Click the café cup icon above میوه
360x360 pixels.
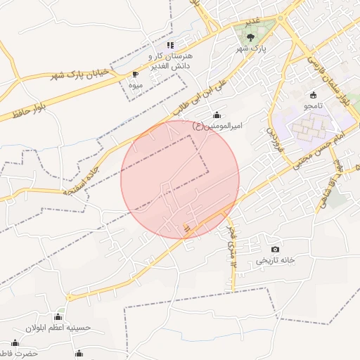(136, 73)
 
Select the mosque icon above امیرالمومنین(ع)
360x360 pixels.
(216, 115)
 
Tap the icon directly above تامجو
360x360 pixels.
(313, 95)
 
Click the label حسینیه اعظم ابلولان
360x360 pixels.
(59, 328)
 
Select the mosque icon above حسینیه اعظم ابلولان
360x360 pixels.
(58, 316)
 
